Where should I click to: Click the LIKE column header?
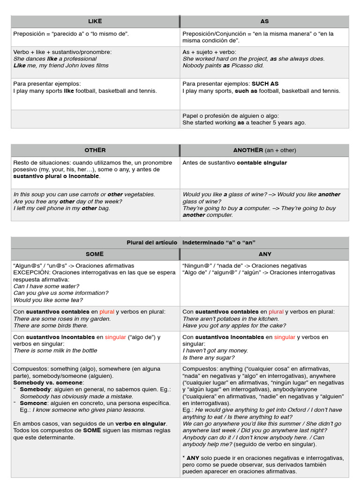(95, 22)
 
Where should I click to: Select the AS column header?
(264, 22)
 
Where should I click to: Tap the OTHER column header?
(95, 150)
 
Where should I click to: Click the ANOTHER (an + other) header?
(264, 150)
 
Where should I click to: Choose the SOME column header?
(95, 254)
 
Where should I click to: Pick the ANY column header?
(264, 254)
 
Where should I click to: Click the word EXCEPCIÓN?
(31, 272)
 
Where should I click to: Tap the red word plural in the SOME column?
(107, 312)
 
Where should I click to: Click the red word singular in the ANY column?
(285, 337)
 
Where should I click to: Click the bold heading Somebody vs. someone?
(48, 382)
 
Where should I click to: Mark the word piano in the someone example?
(98, 410)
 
